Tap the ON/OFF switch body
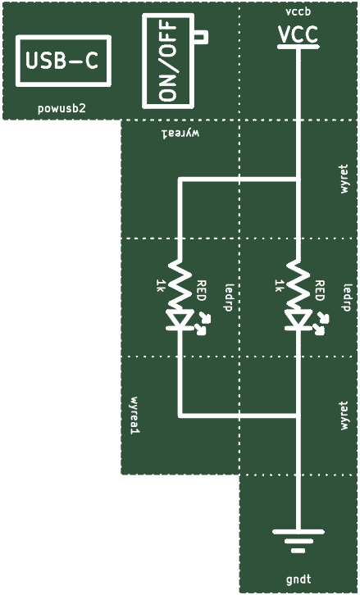pyautogui.click(x=168, y=61)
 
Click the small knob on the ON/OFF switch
pyautogui.click(x=201, y=36)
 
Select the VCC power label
pyautogui.click(x=298, y=34)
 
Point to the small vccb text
pyautogui.click(x=298, y=11)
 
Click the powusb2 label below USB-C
pyautogui.click(x=62, y=109)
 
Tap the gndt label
pyautogui.click(x=298, y=579)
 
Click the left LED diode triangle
pyautogui.click(x=180, y=320)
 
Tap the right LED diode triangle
pyautogui.click(x=298, y=320)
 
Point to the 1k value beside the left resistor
pyautogui.click(x=159, y=286)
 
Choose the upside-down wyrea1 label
pyautogui.click(x=180, y=134)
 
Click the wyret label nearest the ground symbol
pyautogui.click(x=344, y=416)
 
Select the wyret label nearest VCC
pyautogui.click(x=344, y=179)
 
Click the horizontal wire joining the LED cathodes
pyautogui.click(x=239, y=416)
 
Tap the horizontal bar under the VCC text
pyautogui.click(x=298, y=47)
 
